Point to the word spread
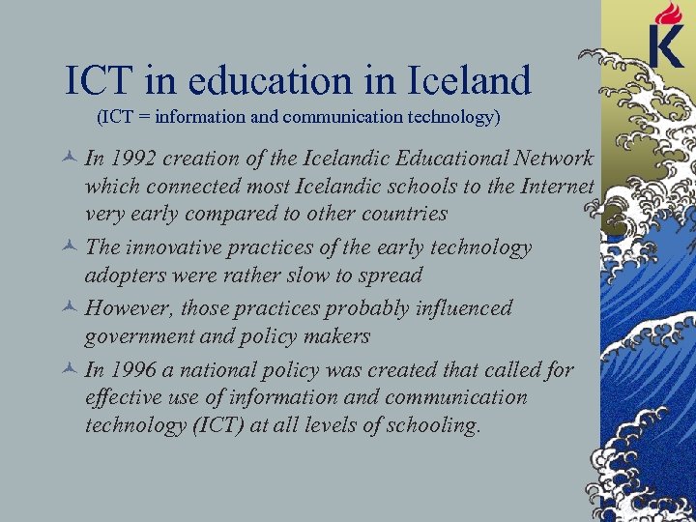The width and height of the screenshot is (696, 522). (x=391, y=275)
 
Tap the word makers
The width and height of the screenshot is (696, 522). (x=333, y=335)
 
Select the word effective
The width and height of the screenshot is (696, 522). (x=122, y=397)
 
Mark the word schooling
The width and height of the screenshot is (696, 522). (x=432, y=425)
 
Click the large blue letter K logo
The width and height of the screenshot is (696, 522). (x=668, y=46)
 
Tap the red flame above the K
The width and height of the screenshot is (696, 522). (x=668, y=13)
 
